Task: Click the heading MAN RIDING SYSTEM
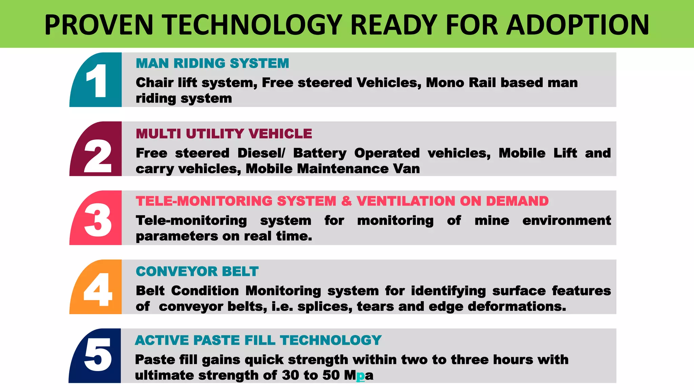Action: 212,64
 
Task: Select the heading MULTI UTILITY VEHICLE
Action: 224,134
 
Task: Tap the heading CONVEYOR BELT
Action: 197,272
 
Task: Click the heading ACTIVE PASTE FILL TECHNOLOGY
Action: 258,340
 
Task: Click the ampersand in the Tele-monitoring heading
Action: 346,201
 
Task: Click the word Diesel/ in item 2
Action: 261,153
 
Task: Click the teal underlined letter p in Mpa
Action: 361,375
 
